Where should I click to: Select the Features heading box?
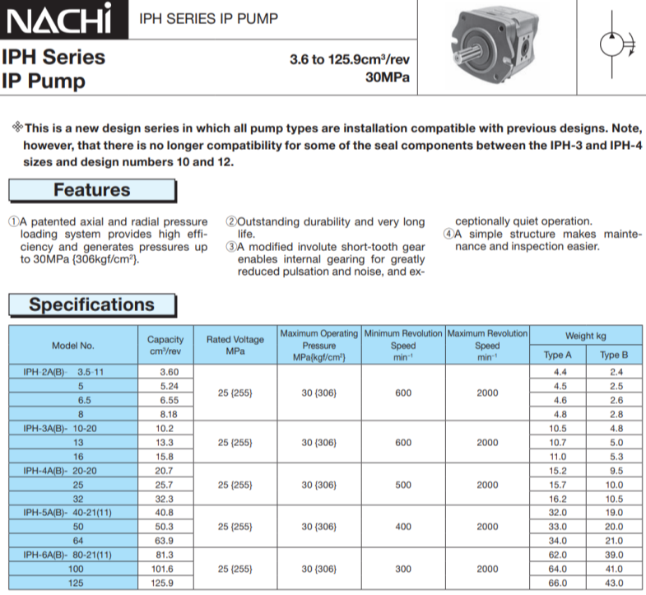pos(92,190)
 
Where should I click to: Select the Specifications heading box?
pos(92,304)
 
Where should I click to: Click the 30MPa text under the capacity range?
pos(387,78)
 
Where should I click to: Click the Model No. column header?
pos(73,346)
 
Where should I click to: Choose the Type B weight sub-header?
pos(613,356)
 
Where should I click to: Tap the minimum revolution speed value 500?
pos(403,485)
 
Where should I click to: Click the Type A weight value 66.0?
pos(558,583)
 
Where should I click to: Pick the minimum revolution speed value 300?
pos(403,569)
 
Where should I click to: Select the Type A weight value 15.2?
pos(558,471)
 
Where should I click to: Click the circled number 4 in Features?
pos(449,234)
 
